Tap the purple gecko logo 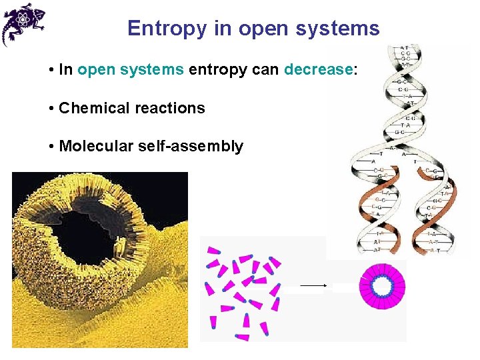point(23,23)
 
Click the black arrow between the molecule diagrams point(313,285)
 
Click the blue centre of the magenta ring point(382,285)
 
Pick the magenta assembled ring point(382,271)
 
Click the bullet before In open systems point(51,70)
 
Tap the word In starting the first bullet point(65,70)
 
